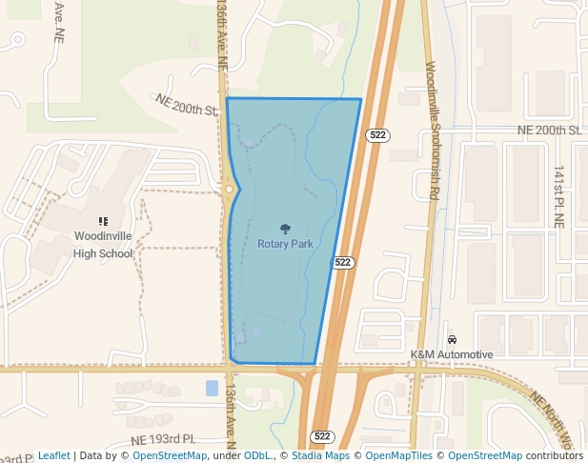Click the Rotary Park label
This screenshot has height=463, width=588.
tap(285, 244)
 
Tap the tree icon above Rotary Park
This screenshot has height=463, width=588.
tap(285, 229)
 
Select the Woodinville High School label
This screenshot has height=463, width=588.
tap(103, 245)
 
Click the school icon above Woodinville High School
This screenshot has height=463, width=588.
tap(103, 221)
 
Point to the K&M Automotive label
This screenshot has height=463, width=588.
tap(452, 354)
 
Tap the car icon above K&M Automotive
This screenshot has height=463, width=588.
tap(452, 340)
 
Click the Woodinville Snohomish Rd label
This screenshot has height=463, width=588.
tap(433, 130)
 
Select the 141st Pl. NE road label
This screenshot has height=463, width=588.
tap(559, 194)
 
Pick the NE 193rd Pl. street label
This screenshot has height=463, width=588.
tap(163, 439)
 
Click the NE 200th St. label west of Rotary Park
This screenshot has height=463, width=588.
tap(188, 104)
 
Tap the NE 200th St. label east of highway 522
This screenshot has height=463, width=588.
tap(549, 130)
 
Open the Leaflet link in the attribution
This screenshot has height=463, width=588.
tap(53, 455)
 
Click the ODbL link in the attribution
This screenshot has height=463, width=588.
tap(257, 455)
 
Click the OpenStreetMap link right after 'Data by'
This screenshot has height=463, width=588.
tap(170, 455)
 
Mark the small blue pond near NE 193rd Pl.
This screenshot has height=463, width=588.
tap(211, 388)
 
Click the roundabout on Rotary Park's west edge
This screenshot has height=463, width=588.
tap(230, 190)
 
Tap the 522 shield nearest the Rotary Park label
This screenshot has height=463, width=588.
tap(343, 262)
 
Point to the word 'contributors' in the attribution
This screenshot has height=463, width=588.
tap(555, 455)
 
